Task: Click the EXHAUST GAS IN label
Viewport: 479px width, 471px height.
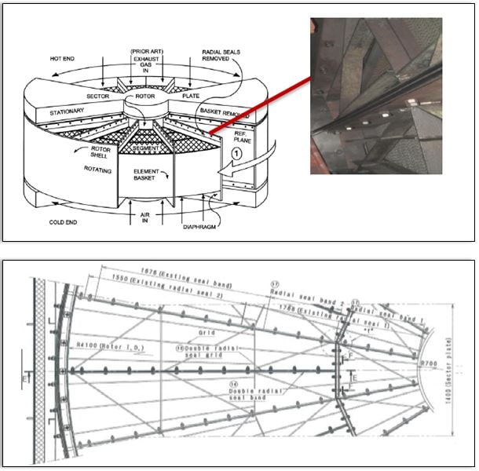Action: pyautogui.click(x=146, y=67)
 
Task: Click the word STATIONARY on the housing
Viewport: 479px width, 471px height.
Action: pyautogui.click(x=68, y=111)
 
